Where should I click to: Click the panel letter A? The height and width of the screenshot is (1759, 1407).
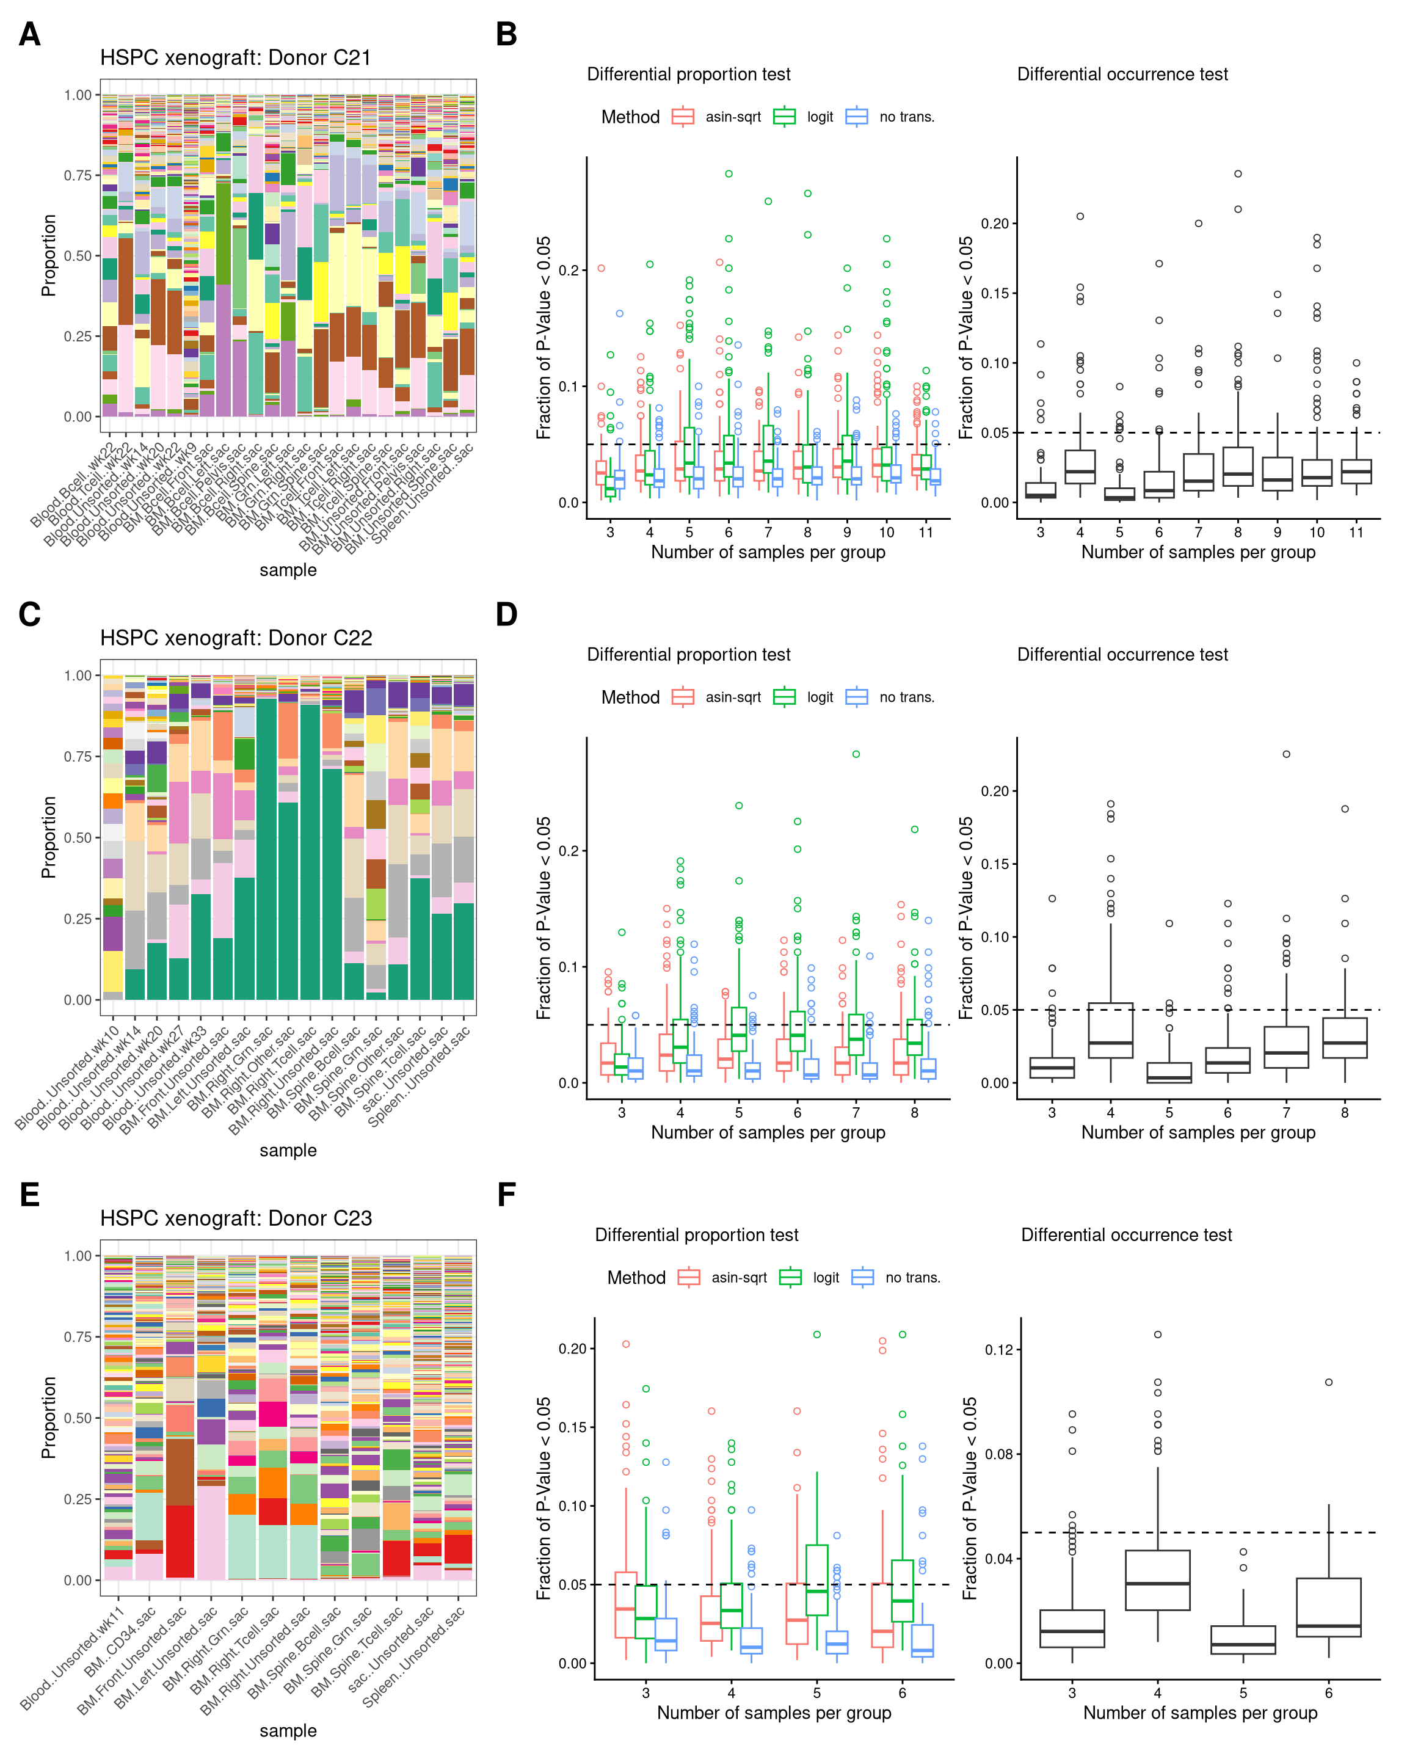pyautogui.click(x=29, y=35)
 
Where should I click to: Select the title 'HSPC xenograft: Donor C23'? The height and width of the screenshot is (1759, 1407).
pyautogui.click(x=236, y=1218)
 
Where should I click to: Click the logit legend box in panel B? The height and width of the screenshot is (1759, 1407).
pyautogui.click(x=785, y=117)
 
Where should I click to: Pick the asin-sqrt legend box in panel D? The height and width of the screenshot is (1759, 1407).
pyautogui.click(x=683, y=697)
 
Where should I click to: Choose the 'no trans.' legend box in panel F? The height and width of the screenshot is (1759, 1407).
pyautogui.click(x=862, y=1278)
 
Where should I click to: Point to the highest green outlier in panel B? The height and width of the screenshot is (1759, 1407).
pyautogui.click(x=729, y=174)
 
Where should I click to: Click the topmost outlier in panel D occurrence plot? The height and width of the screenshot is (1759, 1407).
pyautogui.click(x=1286, y=754)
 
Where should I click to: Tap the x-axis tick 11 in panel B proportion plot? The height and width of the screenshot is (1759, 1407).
pyautogui.click(x=926, y=532)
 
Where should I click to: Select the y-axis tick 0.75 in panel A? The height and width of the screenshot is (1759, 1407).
pyautogui.click(x=78, y=175)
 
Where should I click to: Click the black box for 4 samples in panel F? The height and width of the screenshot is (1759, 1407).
pyautogui.click(x=1157, y=1579)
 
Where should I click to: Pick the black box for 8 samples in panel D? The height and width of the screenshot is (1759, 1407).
pyautogui.click(x=1345, y=1038)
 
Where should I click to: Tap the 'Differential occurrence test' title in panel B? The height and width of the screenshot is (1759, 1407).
pyautogui.click(x=1122, y=75)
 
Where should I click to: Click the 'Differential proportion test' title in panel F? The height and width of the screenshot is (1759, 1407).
pyautogui.click(x=697, y=1235)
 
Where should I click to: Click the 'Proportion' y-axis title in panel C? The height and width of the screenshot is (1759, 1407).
pyautogui.click(x=49, y=837)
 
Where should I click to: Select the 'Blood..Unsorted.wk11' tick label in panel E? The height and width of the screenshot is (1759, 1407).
pyautogui.click(x=73, y=1656)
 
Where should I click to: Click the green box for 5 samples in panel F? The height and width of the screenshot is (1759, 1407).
pyautogui.click(x=816, y=1579)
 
